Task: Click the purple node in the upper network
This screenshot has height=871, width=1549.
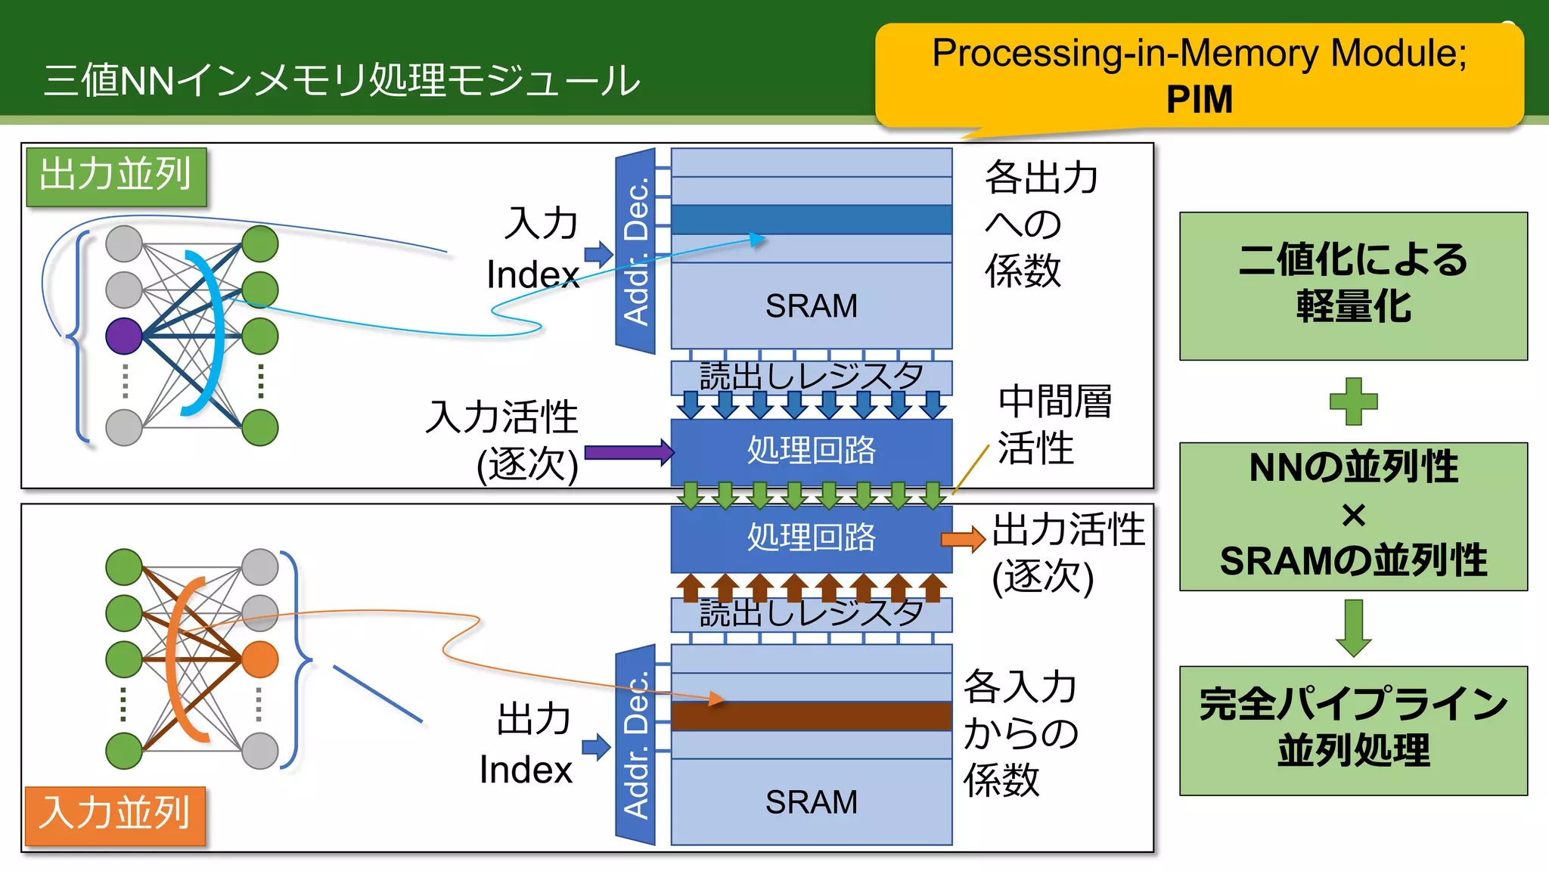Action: pyautogui.click(x=124, y=336)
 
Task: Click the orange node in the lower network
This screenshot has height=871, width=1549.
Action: pyautogui.click(x=260, y=659)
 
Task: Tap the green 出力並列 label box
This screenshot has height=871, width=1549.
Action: pyautogui.click(x=116, y=177)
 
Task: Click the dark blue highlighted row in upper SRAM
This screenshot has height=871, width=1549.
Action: pyautogui.click(x=811, y=219)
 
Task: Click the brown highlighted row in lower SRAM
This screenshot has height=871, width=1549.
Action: pyautogui.click(x=811, y=716)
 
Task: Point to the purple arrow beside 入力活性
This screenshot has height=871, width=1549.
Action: pyautogui.click(x=628, y=453)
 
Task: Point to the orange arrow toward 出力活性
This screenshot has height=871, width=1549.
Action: pyautogui.click(x=962, y=539)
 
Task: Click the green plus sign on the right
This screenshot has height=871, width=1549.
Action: pyautogui.click(x=1353, y=401)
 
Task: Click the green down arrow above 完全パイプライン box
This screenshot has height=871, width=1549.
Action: pyautogui.click(x=1353, y=628)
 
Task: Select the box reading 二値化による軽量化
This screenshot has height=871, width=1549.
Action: pyautogui.click(x=1353, y=286)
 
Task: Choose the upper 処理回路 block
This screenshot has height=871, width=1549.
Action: pyautogui.click(x=811, y=451)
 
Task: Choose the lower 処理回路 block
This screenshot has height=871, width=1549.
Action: pyautogui.click(x=811, y=538)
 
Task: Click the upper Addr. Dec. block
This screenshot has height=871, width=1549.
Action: pyautogui.click(x=635, y=252)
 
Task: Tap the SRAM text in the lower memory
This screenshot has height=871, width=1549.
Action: pyautogui.click(x=811, y=802)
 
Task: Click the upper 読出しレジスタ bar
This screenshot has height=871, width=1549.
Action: pyautogui.click(x=811, y=376)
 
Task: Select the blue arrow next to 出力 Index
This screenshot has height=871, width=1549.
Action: pyautogui.click(x=597, y=747)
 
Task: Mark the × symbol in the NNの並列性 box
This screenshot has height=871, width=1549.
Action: pyautogui.click(x=1353, y=516)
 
